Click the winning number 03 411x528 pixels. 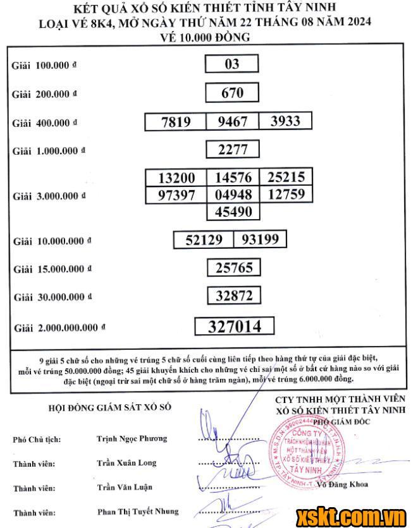point(232,64)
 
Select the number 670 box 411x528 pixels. point(232,93)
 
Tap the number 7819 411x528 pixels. point(176,122)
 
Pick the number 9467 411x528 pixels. point(233,122)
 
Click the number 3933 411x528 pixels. point(285,121)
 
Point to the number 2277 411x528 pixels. point(233,150)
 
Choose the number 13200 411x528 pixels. point(176,178)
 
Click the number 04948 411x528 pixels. point(233,195)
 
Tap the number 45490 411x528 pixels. point(233,212)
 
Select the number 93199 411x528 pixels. point(261,239)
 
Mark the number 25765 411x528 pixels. point(233,268)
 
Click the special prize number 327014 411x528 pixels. point(235,326)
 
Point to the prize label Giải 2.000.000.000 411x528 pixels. point(59,328)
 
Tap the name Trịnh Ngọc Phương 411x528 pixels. point(132,438)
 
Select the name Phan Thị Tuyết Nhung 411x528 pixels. point(137,511)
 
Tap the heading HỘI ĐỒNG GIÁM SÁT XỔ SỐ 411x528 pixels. point(109,408)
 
